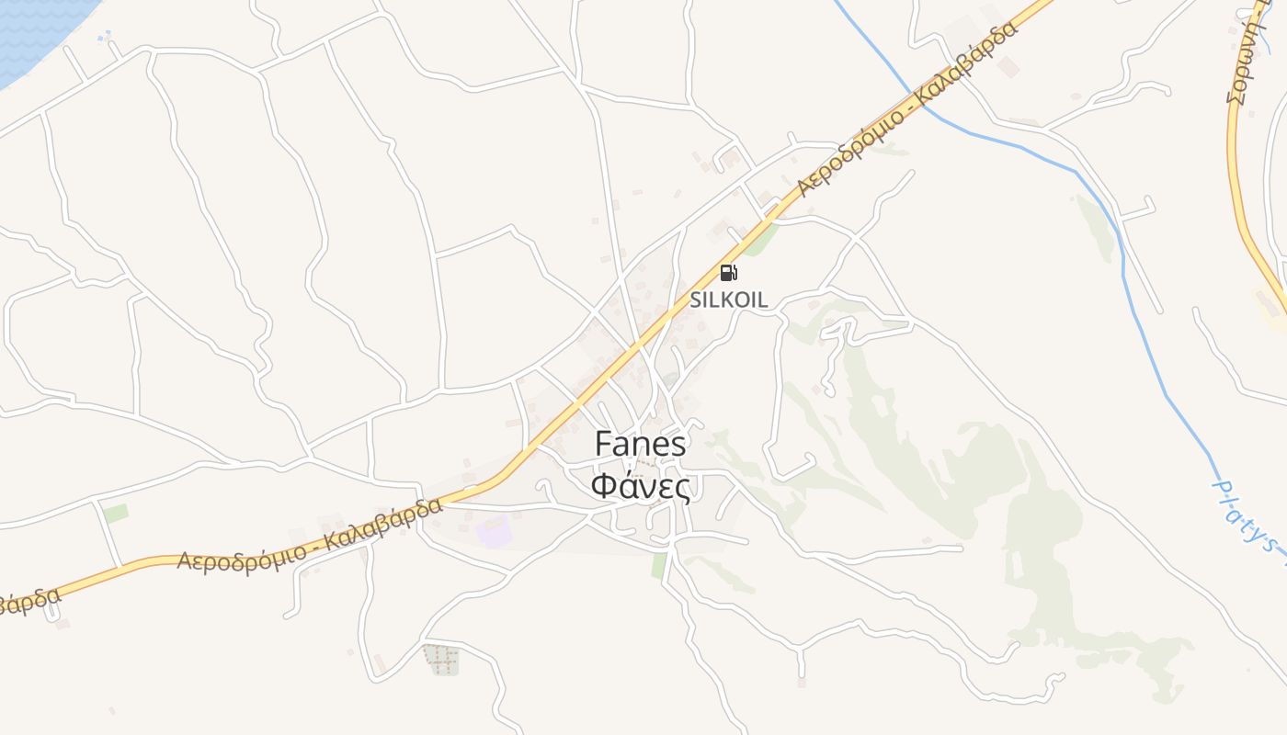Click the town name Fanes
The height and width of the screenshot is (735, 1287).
640,445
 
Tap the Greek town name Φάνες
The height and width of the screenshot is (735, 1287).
640,485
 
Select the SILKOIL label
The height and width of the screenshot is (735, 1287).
729,300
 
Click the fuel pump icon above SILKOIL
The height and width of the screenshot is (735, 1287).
728,272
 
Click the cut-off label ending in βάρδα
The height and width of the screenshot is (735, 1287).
28,601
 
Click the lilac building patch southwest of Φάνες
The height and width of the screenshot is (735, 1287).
493,531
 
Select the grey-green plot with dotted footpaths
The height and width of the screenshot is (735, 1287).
441,659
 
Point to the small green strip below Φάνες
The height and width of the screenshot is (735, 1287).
659,564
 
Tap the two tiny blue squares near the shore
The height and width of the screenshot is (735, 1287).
106,36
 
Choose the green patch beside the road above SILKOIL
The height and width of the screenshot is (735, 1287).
760,240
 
